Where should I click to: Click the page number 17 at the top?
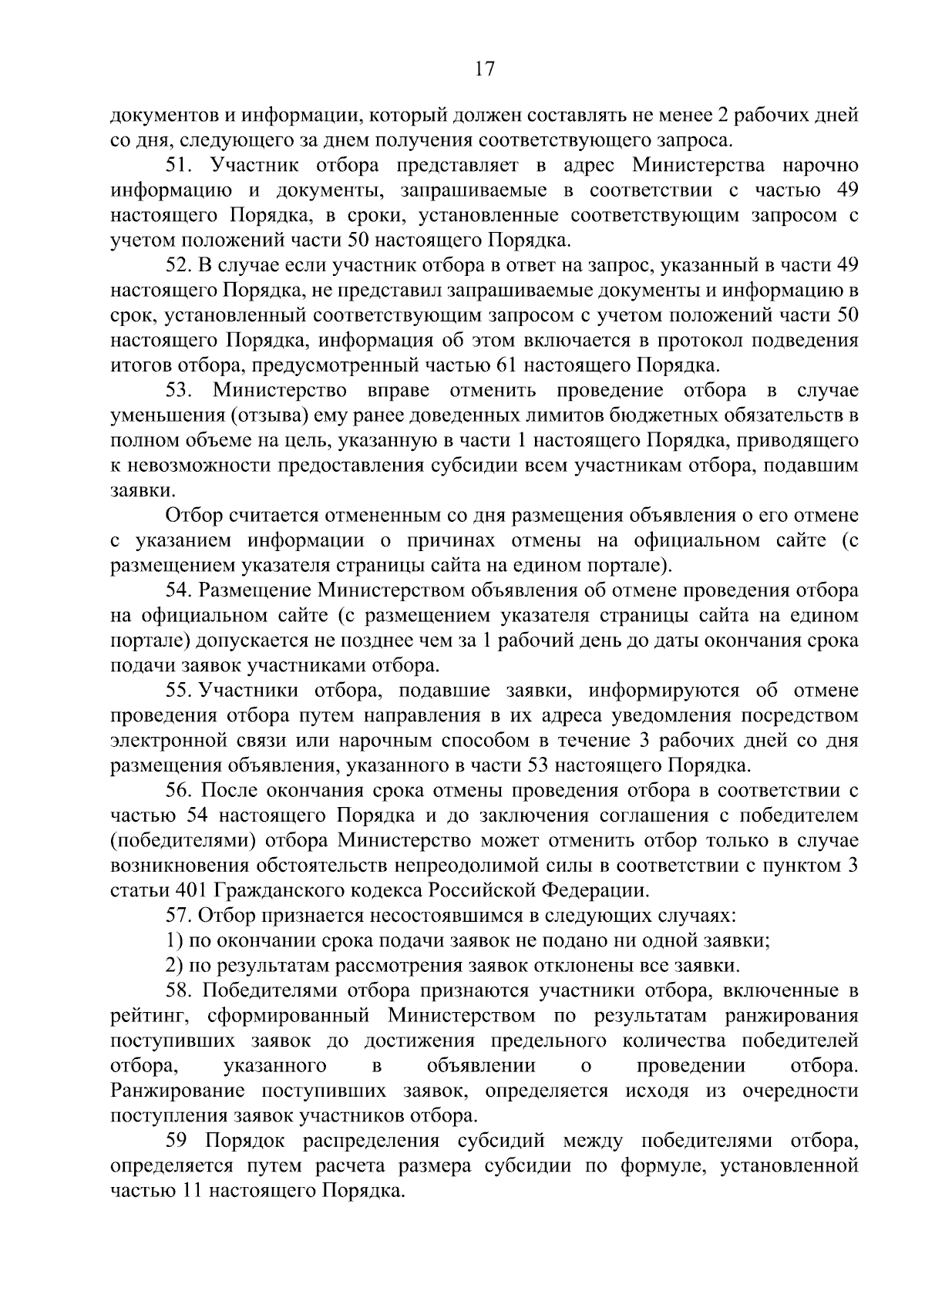485,69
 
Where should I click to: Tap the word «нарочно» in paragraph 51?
820,166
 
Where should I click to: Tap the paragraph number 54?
181,591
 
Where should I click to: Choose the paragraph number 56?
181,791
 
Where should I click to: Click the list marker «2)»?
175,966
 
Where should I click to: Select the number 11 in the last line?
190,1191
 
